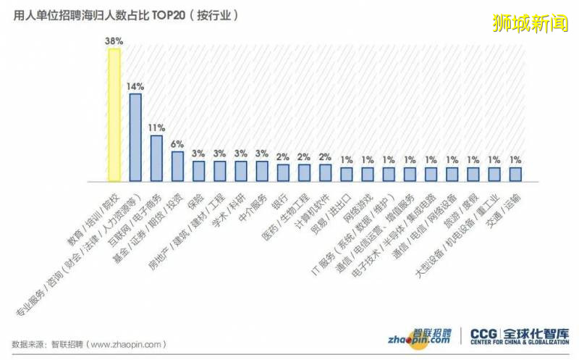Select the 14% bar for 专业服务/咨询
pos(135,137)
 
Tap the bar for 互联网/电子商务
pos(156,158)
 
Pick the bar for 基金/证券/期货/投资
pos(177,166)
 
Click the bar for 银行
pos(283,172)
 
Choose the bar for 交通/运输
pos(515,174)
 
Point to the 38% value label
pos(114,41)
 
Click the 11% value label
pos(156,127)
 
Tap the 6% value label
pos(177,144)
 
